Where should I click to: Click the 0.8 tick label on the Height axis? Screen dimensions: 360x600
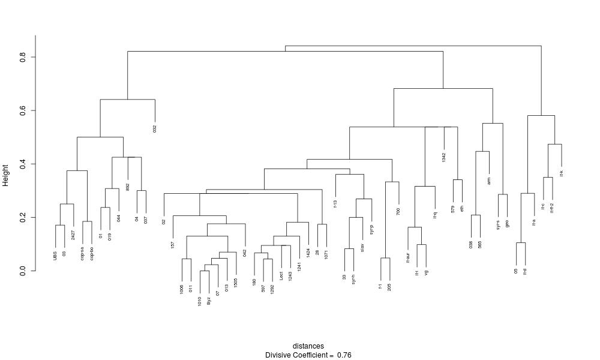click(22, 57)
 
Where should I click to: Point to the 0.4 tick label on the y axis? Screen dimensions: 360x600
click(22, 164)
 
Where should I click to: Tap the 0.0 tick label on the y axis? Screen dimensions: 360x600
click(22, 271)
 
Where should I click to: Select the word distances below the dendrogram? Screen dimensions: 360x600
click(308, 346)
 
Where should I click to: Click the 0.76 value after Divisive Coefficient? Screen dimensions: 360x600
click(344, 355)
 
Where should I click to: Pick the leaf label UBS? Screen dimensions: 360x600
click(56, 256)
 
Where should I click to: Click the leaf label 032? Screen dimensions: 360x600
click(155, 128)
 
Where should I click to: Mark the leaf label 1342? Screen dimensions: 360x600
click(444, 157)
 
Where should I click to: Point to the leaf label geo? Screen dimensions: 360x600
click(507, 223)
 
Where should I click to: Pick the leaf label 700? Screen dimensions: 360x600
click(398, 211)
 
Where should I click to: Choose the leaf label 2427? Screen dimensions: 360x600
click(73, 235)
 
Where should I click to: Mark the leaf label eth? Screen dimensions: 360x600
click(462, 209)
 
